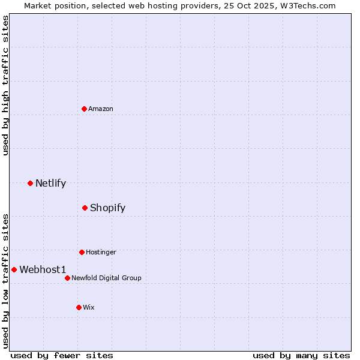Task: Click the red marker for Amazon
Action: (x=85, y=109)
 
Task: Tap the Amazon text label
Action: (x=101, y=109)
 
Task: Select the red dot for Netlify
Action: (x=30, y=183)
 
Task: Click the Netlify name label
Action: (x=50, y=184)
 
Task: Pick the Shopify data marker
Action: (x=85, y=208)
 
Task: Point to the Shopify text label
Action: (x=107, y=208)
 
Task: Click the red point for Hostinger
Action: (x=82, y=252)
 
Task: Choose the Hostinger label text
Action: (x=101, y=253)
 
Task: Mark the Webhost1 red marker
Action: (x=14, y=269)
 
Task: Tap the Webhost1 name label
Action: (x=43, y=270)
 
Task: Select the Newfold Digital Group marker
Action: (x=67, y=278)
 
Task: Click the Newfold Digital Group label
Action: (x=106, y=278)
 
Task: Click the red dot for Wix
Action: (x=79, y=307)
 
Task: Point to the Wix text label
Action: (x=89, y=308)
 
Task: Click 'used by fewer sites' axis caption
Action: (x=62, y=355)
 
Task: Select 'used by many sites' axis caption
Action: (x=301, y=355)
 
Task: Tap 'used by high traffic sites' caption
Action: (x=5, y=85)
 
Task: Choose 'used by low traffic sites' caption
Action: (x=5, y=281)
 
